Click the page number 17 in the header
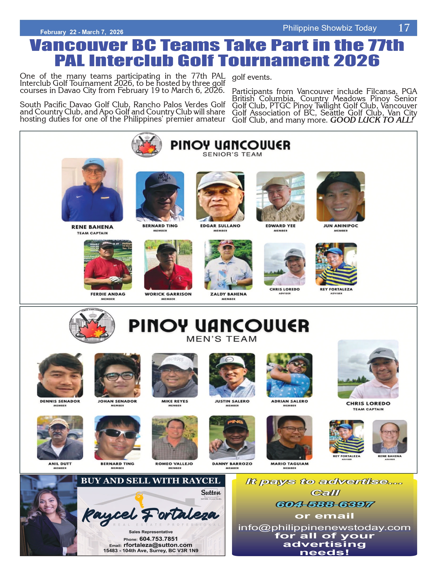[x=404, y=28]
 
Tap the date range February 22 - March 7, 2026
[x=82, y=32]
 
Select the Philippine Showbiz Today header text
[x=329, y=28]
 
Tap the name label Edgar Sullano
[x=220, y=226]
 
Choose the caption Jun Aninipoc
[x=341, y=226]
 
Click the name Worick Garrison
[x=168, y=294]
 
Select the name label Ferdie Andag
[x=108, y=294]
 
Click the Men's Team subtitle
[x=222, y=339]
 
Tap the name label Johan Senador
[x=117, y=401]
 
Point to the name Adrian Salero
[x=289, y=401]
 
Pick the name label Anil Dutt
[x=60, y=464]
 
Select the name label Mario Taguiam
[x=289, y=464]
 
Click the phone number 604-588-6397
[x=325, y=504]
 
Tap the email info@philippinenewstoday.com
[x=324, y=528]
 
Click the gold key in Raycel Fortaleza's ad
[x=139, y=499]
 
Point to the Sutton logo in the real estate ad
[x=211, y=493]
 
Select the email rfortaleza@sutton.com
[x=158, y=545]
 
